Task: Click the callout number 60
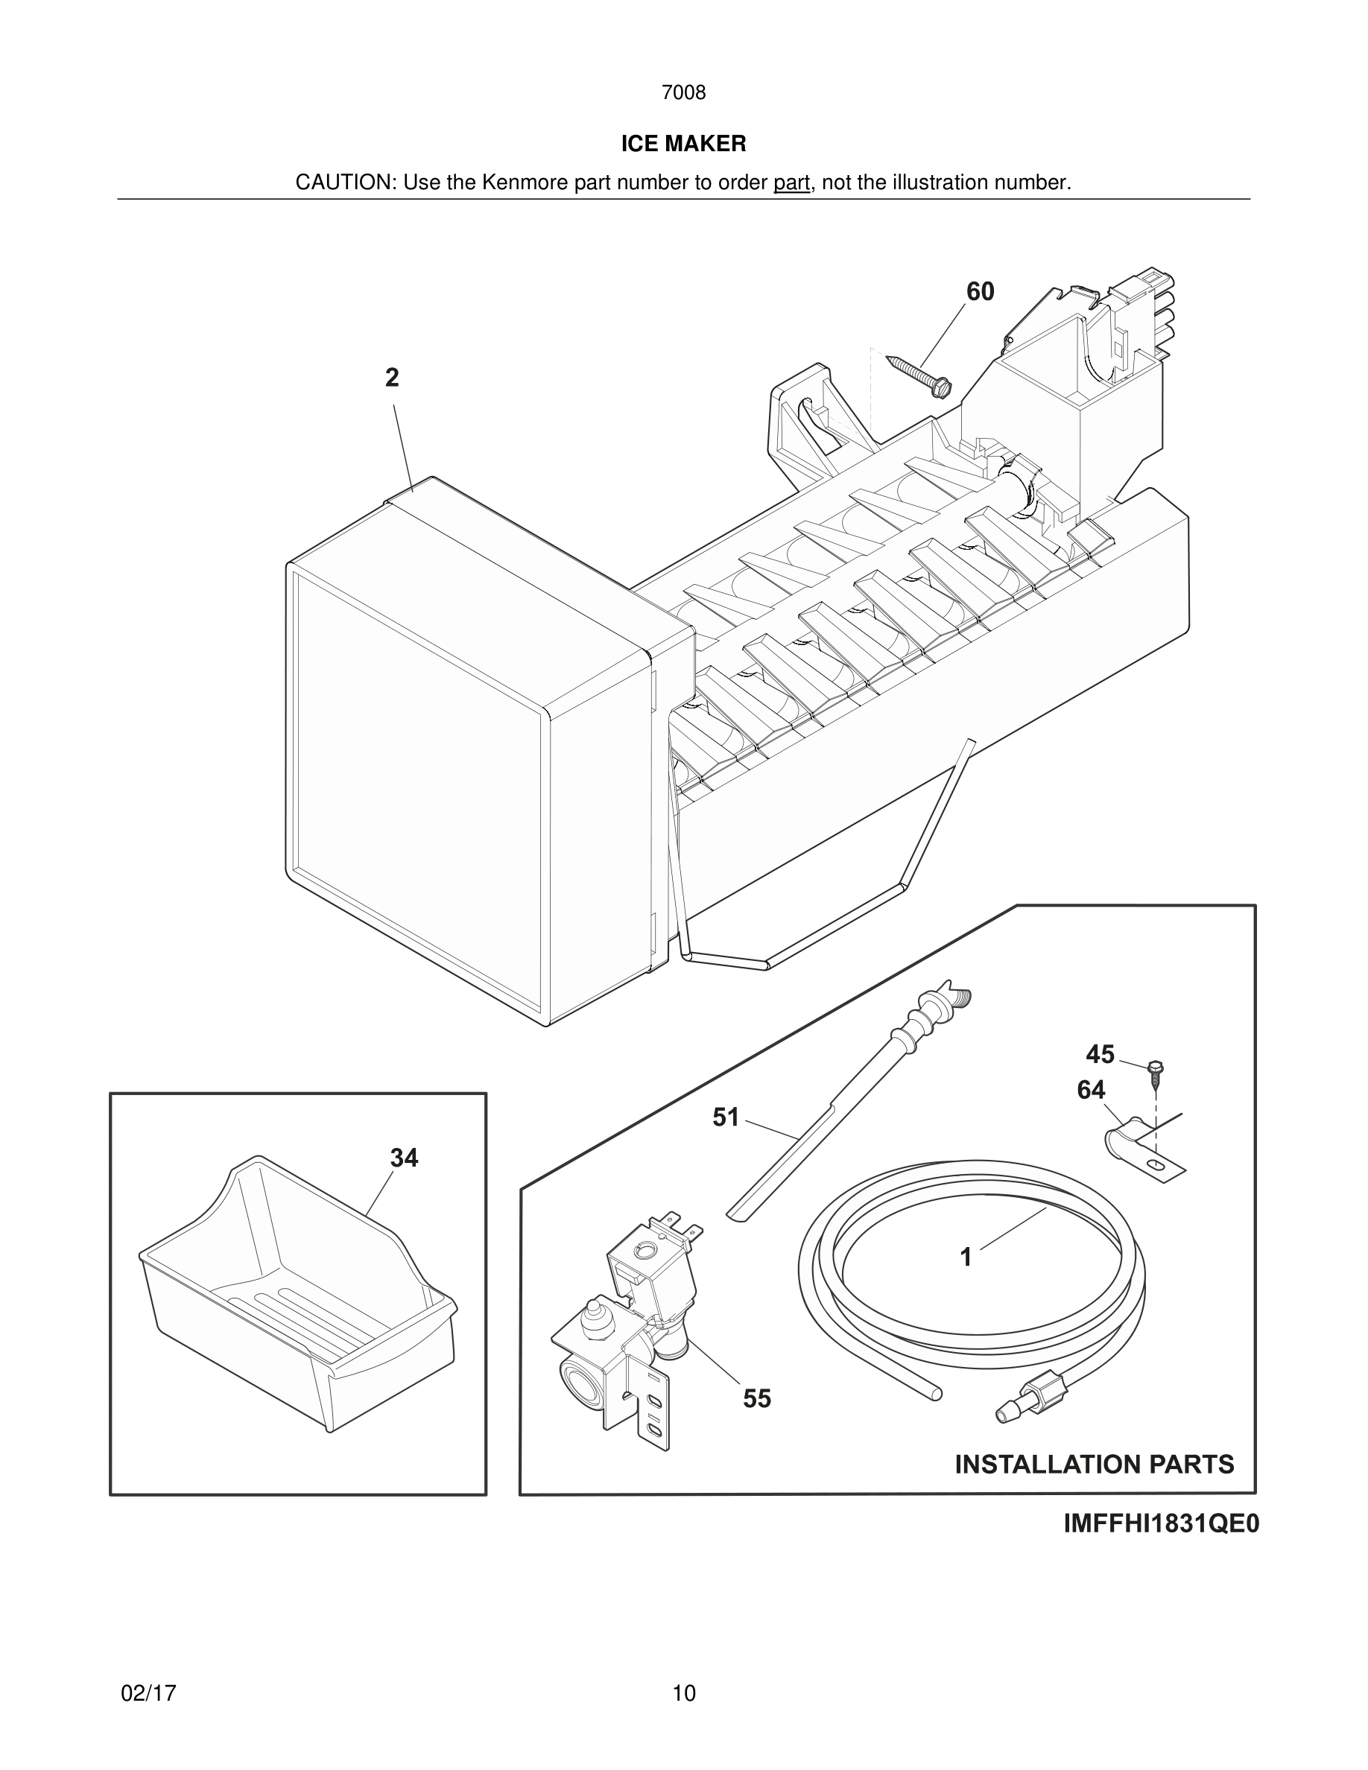click(980, 292)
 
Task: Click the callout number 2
click(392, 378)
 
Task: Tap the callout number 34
click(404, 1158)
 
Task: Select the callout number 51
click(725, 1117)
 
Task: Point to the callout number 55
click(757, 1399)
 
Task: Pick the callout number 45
click(1100, 1054)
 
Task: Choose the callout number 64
click(1091, 1090)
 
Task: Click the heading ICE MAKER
click(683, 144)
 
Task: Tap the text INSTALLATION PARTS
click(1094, 1465)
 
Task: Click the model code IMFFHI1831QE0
click(1161, 1524)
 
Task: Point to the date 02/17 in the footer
click(148, 1694)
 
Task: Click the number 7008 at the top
click(683, 92)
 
